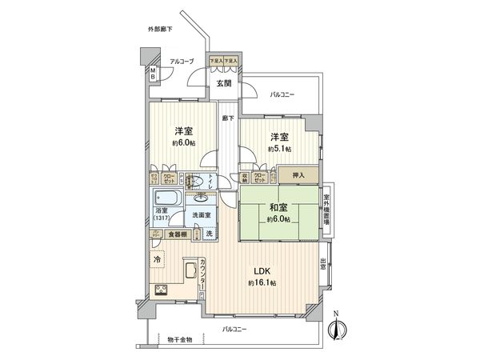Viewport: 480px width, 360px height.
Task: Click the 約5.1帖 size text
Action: pos(281,149)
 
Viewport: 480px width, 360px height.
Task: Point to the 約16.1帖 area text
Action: pos(262,284)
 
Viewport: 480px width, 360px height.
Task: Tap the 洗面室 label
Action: pos(201,215)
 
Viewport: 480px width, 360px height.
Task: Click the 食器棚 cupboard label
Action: pos(177,234)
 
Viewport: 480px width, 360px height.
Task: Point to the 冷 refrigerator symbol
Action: pos(157,259)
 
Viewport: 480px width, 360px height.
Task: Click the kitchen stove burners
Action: pos(160,290)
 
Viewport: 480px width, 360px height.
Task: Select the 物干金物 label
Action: pos(178,339)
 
